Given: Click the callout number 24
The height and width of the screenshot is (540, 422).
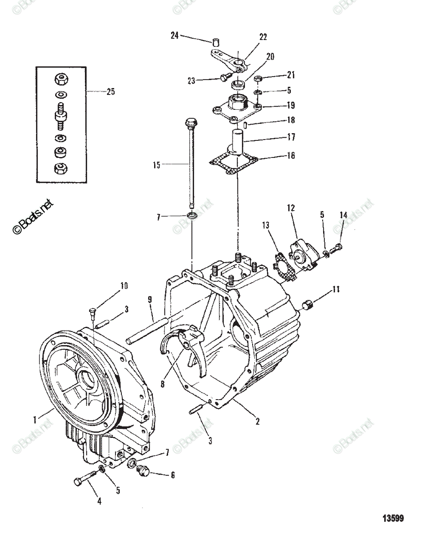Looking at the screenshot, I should click(175, 36).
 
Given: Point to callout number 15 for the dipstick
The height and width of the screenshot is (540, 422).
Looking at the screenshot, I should click(156, 165).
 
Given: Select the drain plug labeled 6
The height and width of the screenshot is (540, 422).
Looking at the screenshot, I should click(143, 471).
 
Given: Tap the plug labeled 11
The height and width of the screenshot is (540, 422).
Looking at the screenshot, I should click(307, 306).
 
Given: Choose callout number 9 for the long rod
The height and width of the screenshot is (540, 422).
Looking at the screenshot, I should click(150, 299).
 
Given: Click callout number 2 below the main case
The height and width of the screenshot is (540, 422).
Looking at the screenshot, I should click(257, 421).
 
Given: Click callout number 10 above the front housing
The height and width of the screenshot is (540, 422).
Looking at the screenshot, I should click(124, 285).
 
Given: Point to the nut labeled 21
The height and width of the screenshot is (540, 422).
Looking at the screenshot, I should click(258, 80).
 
